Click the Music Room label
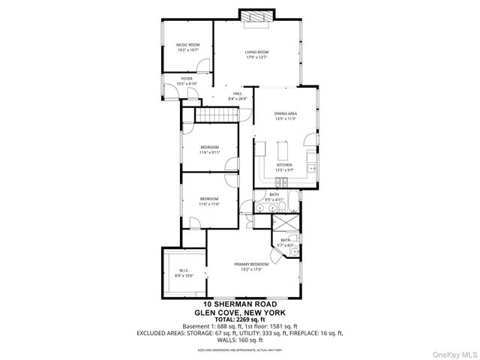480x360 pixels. pyautogui.click(x=187, y=45)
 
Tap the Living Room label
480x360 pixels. pyautogui.click(x=256, y=52)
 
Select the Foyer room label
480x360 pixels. pyautogui.click(x=185, y=78)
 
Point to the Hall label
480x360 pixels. pyautogui.click(x=237, y=94)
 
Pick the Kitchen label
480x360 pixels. pyautogui.click(x=284, y=165)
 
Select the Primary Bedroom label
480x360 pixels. pyautogui.click(x=251, y=264)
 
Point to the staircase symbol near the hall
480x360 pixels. pyautogui.click(x=217, y=115)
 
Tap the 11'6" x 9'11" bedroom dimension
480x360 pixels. pyautogui.click(x=209, y=152)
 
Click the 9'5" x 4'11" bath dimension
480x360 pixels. pyautogui.click(x=274, y=199)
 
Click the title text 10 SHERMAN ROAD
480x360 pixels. pyautogui.click(x=240, y=304)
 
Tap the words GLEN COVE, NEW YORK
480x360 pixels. pyautogui.click(x=240, y=312)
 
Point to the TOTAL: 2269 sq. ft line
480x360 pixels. pyautogui.click(x=240, y=319)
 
